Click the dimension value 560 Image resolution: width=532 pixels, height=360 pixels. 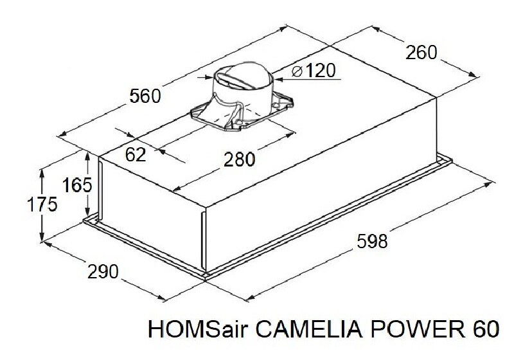(x=145, y=96)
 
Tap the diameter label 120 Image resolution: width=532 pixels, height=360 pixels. (x=320, y=70)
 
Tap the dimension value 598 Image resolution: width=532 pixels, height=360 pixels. (x=373, y=242)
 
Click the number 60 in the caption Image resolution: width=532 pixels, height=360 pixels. (x=484, y=330)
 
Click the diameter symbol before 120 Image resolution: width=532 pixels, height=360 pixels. (x=296, y=71)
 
